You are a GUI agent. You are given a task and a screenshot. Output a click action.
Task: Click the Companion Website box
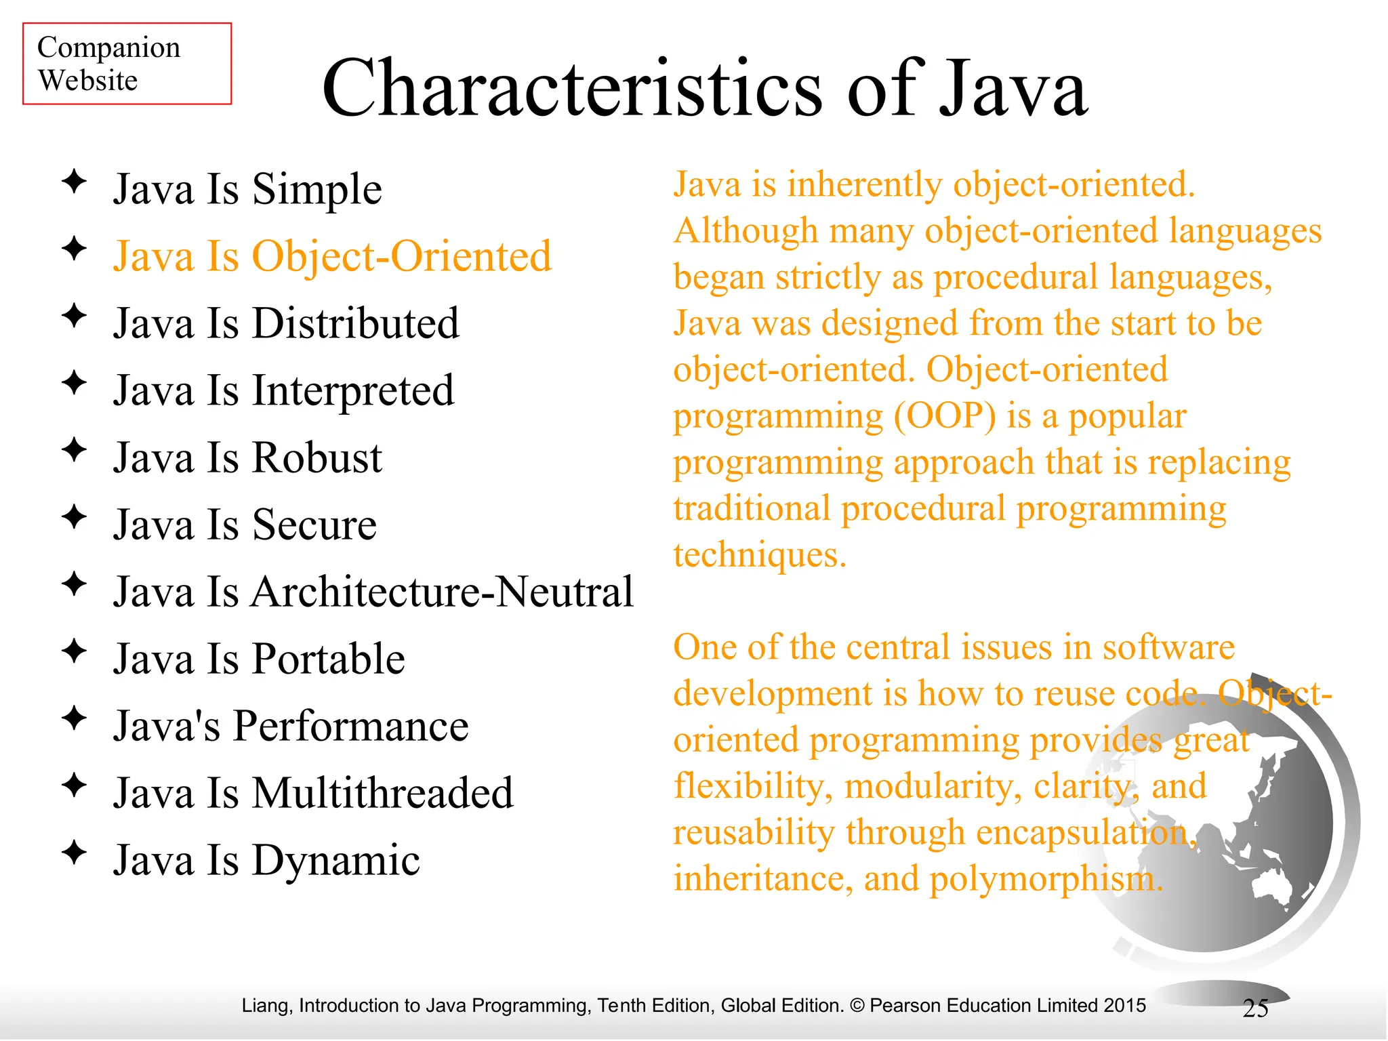click(x=127, y=64)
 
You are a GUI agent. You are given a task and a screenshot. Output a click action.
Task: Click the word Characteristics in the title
click(x=572, y=89)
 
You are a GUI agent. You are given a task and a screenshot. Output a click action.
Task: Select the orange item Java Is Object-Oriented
click(x=332, y=256)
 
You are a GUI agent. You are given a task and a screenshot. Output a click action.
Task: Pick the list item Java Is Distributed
click(x=286, y=323)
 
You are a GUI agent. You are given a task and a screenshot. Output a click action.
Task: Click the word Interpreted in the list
click(x=353, y=391)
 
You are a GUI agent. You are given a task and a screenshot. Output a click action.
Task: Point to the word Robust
click(x=317, y=457)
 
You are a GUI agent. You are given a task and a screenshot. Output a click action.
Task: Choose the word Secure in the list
click(x=314, y=525)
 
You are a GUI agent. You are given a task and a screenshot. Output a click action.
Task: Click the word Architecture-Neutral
click(x=442, y=592)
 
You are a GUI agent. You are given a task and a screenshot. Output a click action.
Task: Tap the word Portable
click(x=328, y=659)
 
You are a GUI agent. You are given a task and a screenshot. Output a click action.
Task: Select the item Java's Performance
click(x=291, y=726)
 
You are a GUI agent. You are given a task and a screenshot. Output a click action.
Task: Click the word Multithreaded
click(x=382, y=793)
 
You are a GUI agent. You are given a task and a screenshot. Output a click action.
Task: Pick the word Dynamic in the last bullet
click(x=335, y=860)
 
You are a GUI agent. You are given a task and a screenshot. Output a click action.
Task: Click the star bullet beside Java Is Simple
click(x=74, y=182)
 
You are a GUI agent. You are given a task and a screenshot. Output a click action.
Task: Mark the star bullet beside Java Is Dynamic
click(x=74, y=853)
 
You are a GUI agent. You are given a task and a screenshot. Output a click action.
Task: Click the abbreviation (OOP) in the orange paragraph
click(x=945, y=416)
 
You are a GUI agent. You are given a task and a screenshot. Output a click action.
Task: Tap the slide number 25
click(x=1255, y=1008)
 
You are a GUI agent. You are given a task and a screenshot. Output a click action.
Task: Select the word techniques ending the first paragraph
click(x=759, y=555)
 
